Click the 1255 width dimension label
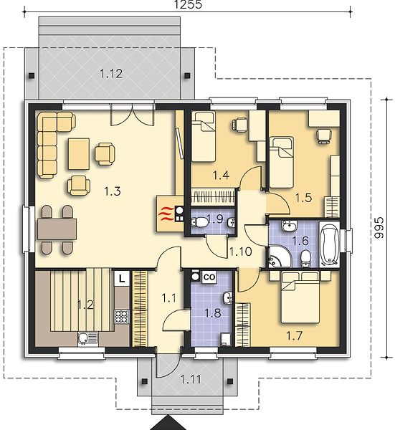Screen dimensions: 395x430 tap(188, 4)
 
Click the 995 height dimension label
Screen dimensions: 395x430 tap(380, 228)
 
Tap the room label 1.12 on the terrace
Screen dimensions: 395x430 tap(111, 74)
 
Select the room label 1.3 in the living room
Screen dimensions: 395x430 tap(113, 191)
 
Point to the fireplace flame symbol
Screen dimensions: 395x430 tap(166, 214)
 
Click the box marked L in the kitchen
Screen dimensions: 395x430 tap(122, 279)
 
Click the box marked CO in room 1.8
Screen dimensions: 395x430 tap(209, 277)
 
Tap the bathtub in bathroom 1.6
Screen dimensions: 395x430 tap(329, 244)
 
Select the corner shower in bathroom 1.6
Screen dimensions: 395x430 tap(278, 257)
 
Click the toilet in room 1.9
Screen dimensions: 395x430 tap(200, 222)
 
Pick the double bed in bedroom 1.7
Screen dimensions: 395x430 tap(300, 297)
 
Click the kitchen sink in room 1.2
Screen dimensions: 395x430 tap(87, 338)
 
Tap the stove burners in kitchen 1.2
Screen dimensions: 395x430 tap(122, 316)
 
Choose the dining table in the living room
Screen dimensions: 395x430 tap(57, 229)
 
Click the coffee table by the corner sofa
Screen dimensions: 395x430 tap(79, 154)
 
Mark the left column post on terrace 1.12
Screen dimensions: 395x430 tap(32, 75)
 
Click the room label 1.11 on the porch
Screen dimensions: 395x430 tap(191, 380)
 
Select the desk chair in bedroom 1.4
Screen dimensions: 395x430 tap(240, 124)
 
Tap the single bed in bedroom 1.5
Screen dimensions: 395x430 tap(281, 163)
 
